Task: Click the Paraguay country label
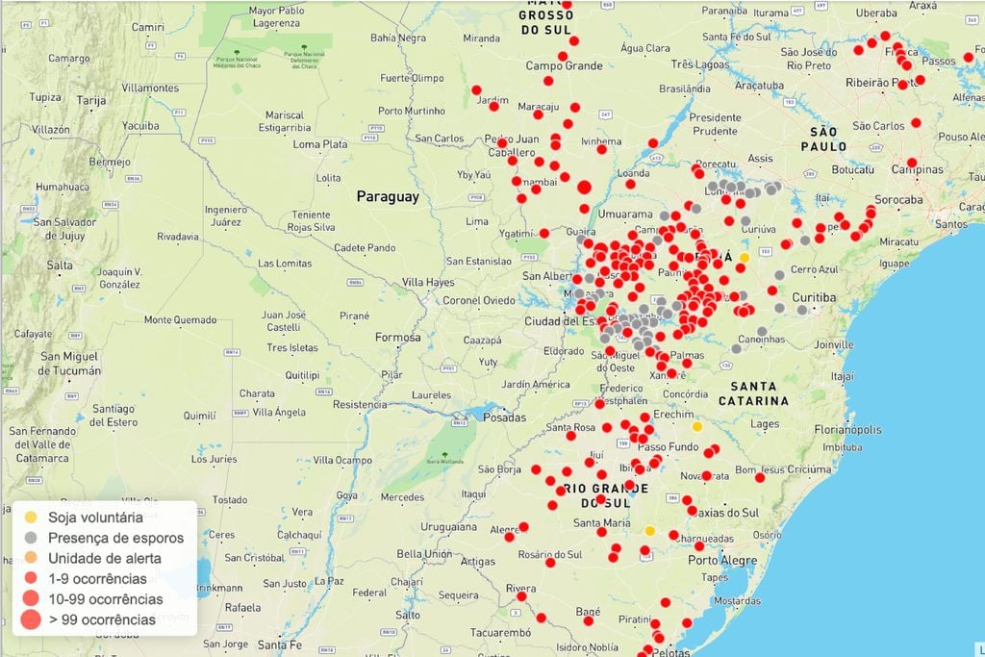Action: (x=388, y=196)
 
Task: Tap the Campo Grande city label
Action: (x=563, y=66)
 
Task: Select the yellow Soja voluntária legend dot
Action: (x=31, y=518)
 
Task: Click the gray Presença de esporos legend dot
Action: (x=31, y=538)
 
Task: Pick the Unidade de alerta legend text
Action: (x=104, y=558)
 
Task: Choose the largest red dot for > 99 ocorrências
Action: (x=31, y=619)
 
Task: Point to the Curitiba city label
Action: (x=815, y=297)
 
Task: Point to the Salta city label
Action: (x=60, y=265)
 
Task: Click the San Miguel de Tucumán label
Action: (x=68, y=363)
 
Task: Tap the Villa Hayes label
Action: (x=428, y=282)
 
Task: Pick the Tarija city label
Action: (x=90, y=100)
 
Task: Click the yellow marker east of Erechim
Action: (x=697, y=426)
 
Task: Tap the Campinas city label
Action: (x=917, y=169)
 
